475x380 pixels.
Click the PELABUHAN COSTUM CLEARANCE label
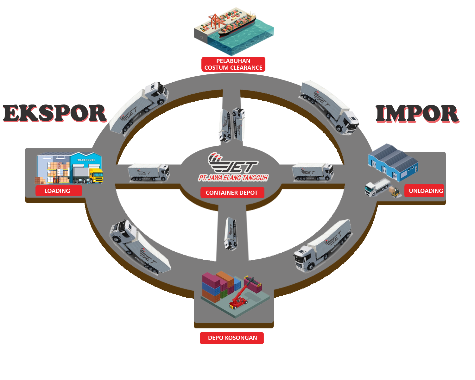coord(233,64)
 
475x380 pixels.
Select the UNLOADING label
coord(425,191)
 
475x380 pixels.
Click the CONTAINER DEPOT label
coord(232,193)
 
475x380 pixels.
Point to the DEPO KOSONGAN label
coord(232,338)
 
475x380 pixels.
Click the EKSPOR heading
coord(54,113)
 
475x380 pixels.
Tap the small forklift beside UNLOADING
coord(394,192)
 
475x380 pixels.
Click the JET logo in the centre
coord(233,163)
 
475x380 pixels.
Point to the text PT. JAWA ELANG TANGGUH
coord(233,178)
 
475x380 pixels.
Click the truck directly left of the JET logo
coord(149,172)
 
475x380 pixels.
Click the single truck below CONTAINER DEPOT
coord(231,233)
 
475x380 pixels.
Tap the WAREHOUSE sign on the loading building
coord(86,160)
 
